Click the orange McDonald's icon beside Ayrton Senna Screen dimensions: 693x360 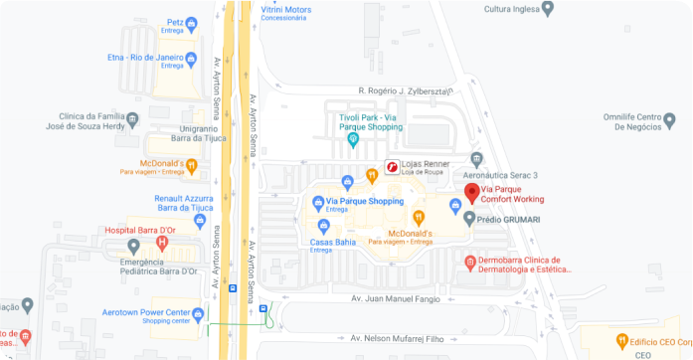192,165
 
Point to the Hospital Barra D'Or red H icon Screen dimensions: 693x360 161,243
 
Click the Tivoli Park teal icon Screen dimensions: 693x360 352,140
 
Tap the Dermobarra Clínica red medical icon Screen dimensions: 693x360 469,263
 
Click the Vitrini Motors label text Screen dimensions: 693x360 285,9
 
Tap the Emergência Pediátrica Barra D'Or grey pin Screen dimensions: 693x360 133,246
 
